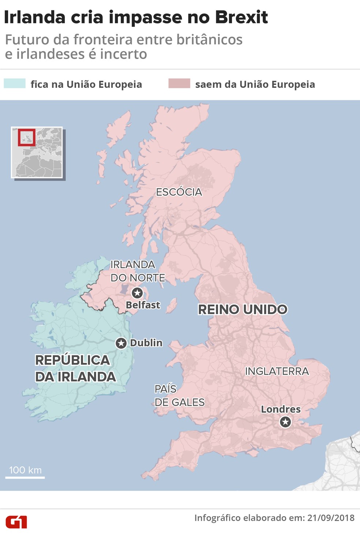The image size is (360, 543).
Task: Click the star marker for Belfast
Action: tap(137, 293)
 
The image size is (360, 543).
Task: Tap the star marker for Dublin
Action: tap(121, 343)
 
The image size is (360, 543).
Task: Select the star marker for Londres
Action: tap(285, 422)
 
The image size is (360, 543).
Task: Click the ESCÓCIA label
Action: tap(179, 192)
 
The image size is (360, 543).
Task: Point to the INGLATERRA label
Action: tap(277, 371)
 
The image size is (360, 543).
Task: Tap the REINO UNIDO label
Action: tap(243, 309)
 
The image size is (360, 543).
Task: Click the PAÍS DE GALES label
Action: tap(179, 395)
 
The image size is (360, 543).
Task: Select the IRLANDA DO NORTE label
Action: tap(138, 271)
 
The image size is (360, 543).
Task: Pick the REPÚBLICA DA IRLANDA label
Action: tap(75, 368)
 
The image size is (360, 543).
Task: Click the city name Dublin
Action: tap(146, 343)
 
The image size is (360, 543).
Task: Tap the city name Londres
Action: tap(281, 409)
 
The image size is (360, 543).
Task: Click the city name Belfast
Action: tap(143, 305)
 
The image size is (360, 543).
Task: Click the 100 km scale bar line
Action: tap(25, 477)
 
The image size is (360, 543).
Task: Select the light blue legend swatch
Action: tap(15, 83)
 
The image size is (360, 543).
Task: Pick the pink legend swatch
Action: tap(179, 83)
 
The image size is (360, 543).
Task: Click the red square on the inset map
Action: tap(27, 137)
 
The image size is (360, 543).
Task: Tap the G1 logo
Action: tap(16, 522)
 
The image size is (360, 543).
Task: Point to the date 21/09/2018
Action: tap(331, 518)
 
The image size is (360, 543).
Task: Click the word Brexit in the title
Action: tap(241, 17)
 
